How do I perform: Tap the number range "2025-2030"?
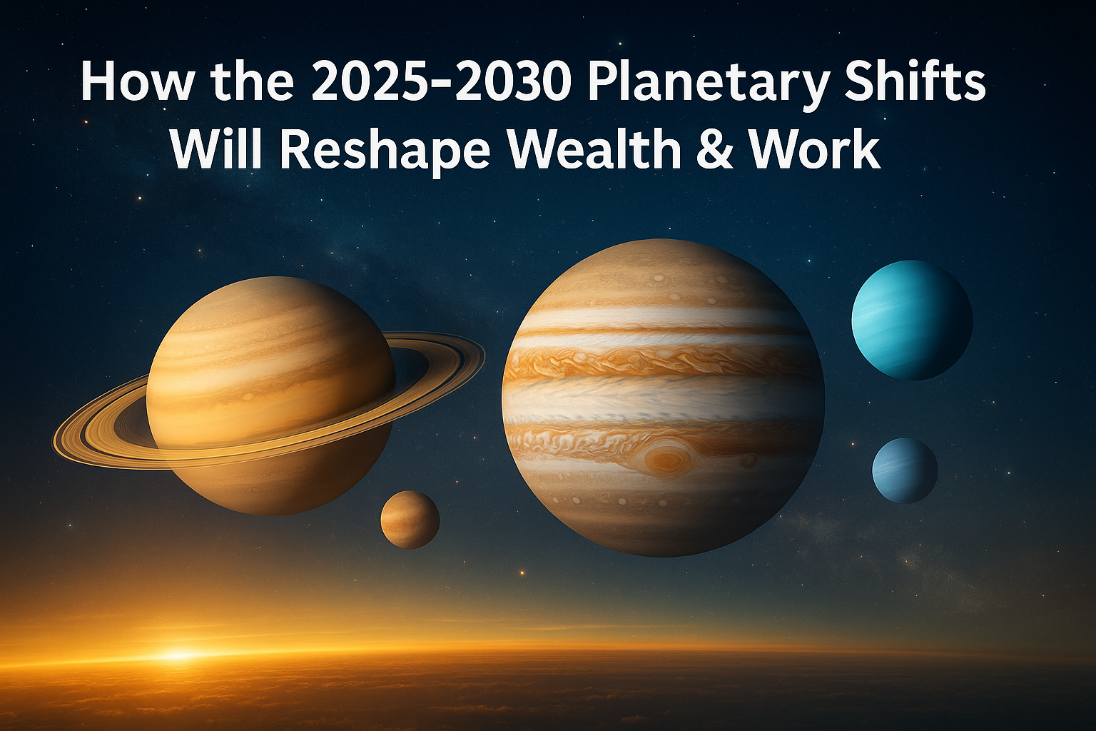pos(441,82)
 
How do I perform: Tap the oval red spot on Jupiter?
pos(666,458)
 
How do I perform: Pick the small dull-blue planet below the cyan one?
pos(905,470)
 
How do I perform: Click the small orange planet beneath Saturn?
pos(410,519)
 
